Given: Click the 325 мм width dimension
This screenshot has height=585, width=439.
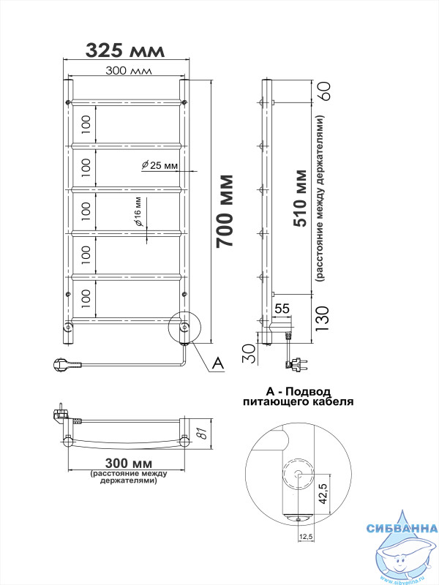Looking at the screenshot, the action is [x=125, y=50].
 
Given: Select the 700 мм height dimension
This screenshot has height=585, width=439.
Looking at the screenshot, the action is [x=225, y=211].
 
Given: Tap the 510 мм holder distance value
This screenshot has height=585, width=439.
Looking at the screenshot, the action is [x=301, y=198].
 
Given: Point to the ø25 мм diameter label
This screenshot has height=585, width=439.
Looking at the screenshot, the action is [x=160, y=165].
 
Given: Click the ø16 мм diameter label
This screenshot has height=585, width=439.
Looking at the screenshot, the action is [x=138, y=211].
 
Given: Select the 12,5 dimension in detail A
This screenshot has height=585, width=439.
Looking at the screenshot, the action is [x=305, y=537].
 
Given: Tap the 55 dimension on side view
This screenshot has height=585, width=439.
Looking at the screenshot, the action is [x=282, y=308].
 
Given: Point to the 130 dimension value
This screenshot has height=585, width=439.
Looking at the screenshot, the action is [x=322, y=319].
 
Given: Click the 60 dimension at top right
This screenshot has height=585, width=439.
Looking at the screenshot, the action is [x=323, y=91].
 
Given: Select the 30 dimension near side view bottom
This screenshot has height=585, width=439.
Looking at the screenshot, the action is [x=249, y=353].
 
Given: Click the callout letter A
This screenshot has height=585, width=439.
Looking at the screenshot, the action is [x=217, y=363].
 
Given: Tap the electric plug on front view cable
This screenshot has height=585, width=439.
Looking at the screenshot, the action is [x=67, y=364].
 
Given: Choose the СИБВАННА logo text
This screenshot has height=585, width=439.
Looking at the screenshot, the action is [x=402, y=528].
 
